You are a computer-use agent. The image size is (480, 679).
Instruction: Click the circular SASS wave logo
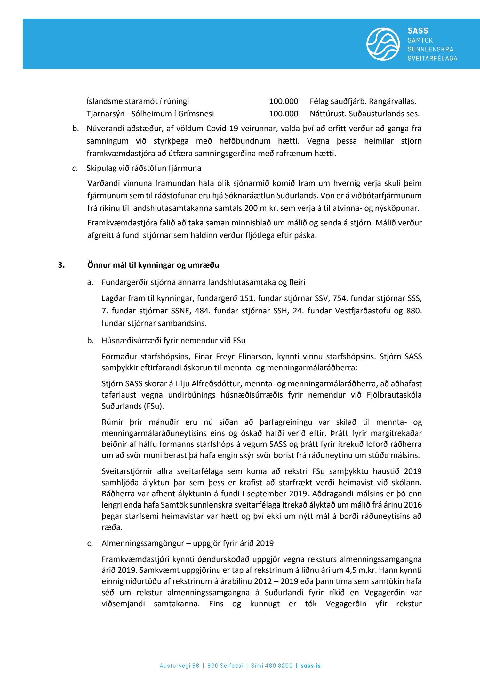[x=383, y=44]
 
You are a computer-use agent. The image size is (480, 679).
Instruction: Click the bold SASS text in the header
[x=418, y=31]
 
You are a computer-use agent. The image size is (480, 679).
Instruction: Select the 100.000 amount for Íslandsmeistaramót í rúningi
[x=284, y=101]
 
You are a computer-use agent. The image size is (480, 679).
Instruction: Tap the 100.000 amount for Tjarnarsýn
[x=284, y=114]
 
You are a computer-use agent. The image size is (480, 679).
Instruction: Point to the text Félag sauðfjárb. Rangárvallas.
[x=363, y=101]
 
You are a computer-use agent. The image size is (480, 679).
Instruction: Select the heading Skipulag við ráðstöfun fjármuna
[x=144, y=168]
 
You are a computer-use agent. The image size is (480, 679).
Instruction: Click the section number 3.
[x=61, y=265]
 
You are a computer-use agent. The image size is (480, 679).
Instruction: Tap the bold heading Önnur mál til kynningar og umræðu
[x=153, y=265]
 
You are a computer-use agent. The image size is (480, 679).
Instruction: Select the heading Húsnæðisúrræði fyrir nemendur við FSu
[x=173, y=340]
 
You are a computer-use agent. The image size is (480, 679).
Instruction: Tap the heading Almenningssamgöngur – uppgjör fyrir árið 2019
[x=188, y=543]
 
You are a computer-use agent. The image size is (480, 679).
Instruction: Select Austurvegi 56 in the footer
[x=179, y=657]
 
